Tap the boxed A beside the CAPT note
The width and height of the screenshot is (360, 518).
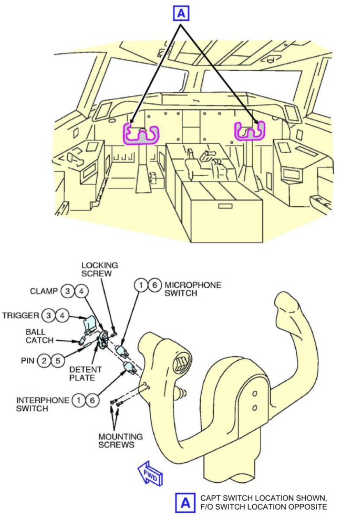(185, 502)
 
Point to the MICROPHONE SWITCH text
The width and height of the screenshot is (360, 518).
(193, 289)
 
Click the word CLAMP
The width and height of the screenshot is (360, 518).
(43, 291)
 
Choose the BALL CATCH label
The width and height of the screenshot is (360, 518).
(39, 336)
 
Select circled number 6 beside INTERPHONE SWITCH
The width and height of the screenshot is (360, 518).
(93, 400)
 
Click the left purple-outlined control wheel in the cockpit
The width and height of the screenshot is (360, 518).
(141, 134)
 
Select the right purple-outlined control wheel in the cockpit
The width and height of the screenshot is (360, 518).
(250, 131)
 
